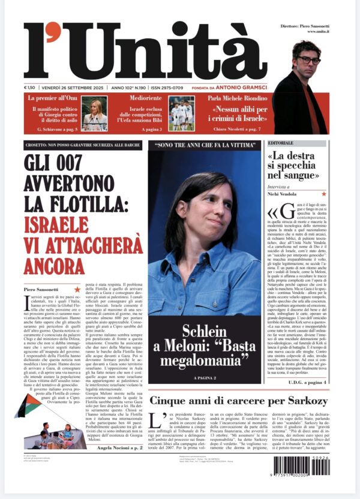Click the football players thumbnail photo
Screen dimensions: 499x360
coord(181,114)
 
